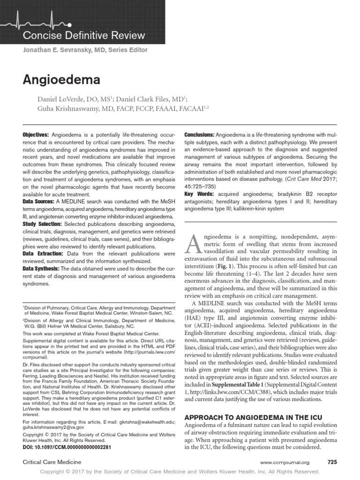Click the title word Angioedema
pos(61,80)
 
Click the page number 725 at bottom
pos(332,462)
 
